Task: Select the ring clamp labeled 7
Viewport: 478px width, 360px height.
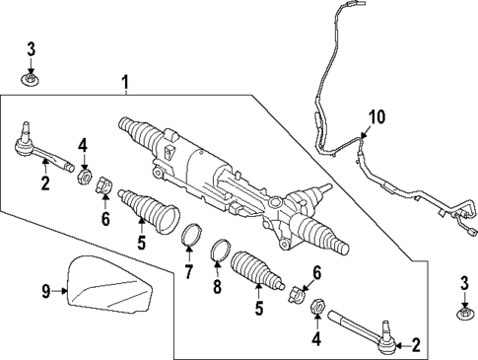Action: (189, 238)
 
